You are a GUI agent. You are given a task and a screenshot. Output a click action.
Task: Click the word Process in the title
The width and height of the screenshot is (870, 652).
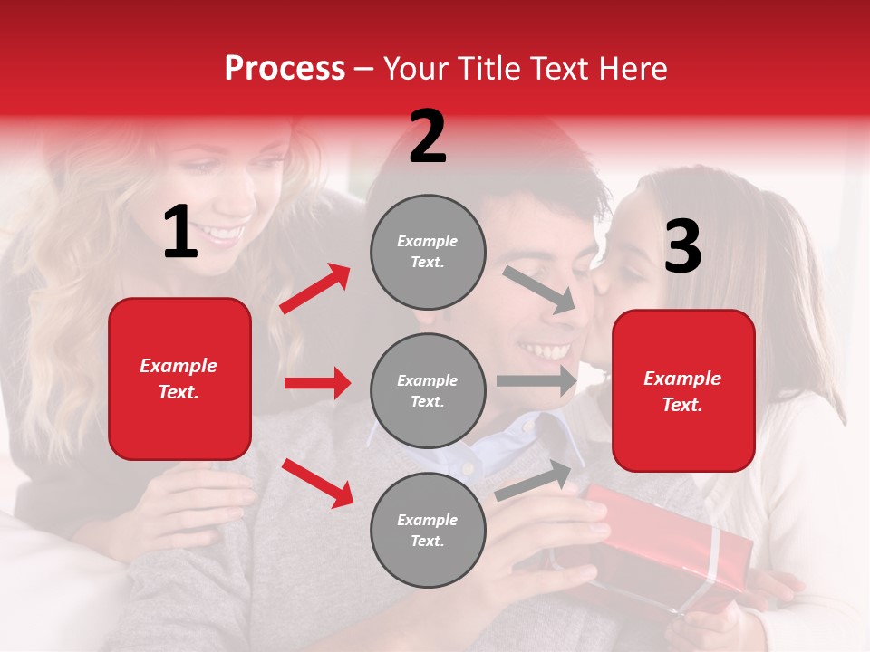point(285,69)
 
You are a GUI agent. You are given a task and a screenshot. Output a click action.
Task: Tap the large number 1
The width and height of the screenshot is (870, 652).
point(180,233)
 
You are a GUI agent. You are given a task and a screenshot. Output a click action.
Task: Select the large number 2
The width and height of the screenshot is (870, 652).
point(428,137)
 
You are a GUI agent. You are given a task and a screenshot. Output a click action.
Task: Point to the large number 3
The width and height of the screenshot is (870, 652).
point(682,246)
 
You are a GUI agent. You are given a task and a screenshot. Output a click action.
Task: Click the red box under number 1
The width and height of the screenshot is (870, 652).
point(179,379)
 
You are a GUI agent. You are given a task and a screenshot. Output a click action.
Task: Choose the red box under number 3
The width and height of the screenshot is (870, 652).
point(683,391)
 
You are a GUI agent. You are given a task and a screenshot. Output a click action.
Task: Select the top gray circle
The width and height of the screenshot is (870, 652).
point(428,252)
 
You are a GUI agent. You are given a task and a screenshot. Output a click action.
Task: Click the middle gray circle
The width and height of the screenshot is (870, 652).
point(428,391)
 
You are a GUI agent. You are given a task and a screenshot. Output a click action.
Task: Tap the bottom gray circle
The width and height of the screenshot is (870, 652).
point(428,531)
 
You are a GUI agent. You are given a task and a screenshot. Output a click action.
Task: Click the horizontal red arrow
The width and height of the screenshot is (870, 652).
point(317,383)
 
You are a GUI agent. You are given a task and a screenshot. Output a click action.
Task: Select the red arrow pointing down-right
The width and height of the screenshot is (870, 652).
point(317,483)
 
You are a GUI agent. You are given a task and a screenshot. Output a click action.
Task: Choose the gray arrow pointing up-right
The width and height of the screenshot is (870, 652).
point(534,479)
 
